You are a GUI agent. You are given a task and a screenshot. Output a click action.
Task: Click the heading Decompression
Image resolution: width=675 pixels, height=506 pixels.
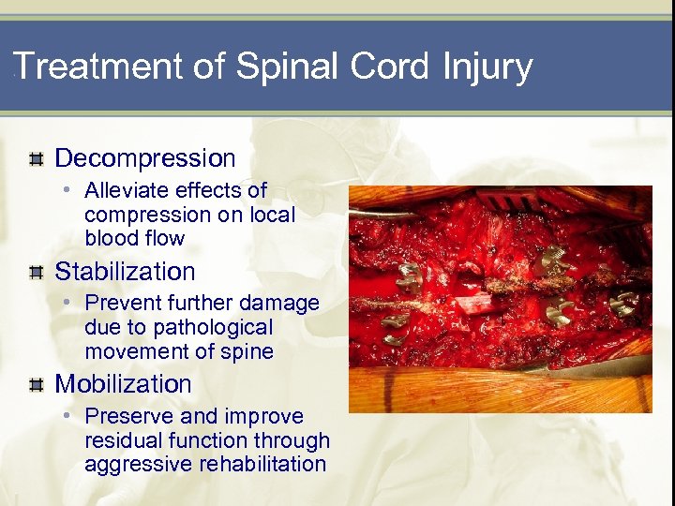[145, 158]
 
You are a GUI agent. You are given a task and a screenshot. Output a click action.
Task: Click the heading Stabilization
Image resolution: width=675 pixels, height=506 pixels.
[125, 272]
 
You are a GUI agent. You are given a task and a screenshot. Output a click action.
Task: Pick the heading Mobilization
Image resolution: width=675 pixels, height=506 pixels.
[123, 384]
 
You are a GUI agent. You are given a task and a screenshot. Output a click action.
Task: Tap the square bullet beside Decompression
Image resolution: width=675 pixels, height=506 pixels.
[36, 158]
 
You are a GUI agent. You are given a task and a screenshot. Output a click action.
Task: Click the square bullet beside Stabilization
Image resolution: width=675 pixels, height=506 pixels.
[36, 273]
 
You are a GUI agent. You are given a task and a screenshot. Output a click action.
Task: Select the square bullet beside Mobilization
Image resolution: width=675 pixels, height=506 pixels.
[36, 385]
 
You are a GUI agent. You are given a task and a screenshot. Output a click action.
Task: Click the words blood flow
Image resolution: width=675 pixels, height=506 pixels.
[134, 239]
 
